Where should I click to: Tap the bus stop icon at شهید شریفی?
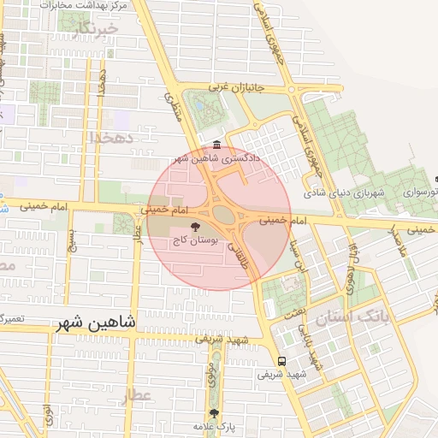coord(281,360)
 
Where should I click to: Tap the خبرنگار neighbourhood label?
coord(94,32)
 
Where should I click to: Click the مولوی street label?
coord(211,374)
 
